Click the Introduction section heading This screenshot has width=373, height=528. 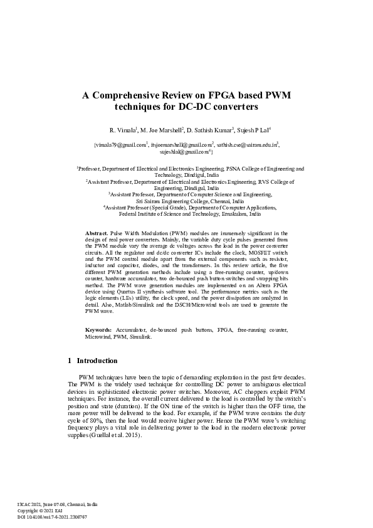pos(97,361)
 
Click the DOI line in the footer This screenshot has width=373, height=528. pos(51,517)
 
